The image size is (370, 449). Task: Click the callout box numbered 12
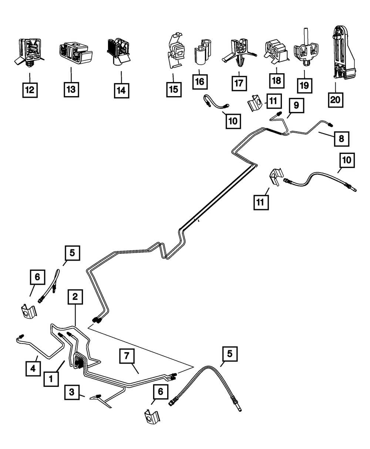click(x=30, y=90)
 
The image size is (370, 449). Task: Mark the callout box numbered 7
click(x=127, y=356)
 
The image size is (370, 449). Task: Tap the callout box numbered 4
click(x=33, y=368)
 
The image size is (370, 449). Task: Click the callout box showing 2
click(x=75, y=297)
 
